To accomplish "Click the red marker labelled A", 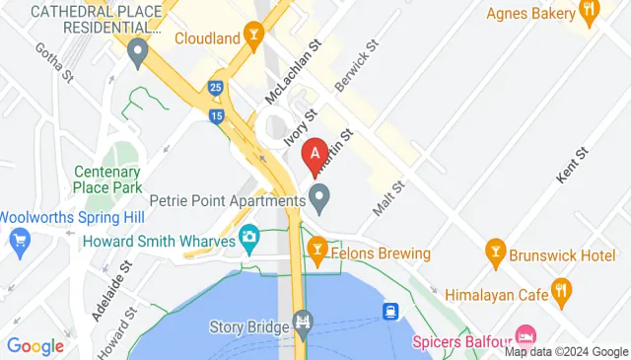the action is (315, 154).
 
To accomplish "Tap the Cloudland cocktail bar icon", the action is (253, 38).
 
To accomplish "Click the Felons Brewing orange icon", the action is (317, 253).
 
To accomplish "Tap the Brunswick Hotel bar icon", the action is (494, 253).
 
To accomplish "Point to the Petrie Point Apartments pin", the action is (319, 198).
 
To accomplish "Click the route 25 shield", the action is (214, 89).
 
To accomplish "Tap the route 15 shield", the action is (216, 117).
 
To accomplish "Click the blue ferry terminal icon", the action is (391, 312).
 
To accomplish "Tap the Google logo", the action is (35, 345).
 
